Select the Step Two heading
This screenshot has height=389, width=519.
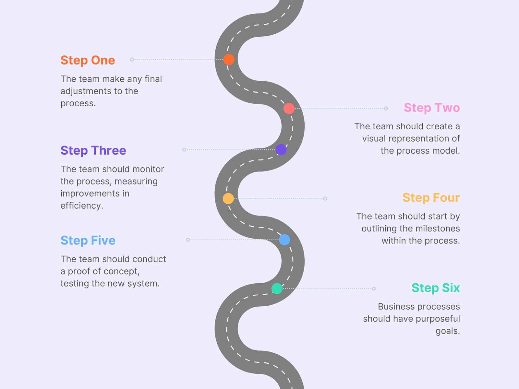[x=432, y=108]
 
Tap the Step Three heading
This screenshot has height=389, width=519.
[x=93, y=151]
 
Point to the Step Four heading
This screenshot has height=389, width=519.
[x=431, y=198]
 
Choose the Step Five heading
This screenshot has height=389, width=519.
[x=88, y=241]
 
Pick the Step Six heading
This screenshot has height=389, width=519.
[x=436, y=288]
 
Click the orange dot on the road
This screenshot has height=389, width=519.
[x=229, y=59]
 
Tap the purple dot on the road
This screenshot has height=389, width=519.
[x=281, y=149]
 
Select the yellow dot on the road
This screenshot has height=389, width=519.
[x=228, y=198]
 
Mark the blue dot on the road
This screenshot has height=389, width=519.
[x=284, y=240]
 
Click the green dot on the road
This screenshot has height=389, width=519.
[x=277, y=289]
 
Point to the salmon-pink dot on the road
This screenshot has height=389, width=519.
[x=289, y=108]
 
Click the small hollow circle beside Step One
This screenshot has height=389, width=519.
[x=132, y=60]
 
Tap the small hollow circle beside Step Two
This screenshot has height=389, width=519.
[x=386, y=108]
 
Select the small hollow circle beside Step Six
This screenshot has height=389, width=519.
[x=374, y=289]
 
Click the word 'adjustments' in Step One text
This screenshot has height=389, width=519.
[x=86, y=91]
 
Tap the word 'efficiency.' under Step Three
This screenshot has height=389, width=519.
[x=82, y=206]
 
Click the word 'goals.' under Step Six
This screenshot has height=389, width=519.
[x=448, y=331]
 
